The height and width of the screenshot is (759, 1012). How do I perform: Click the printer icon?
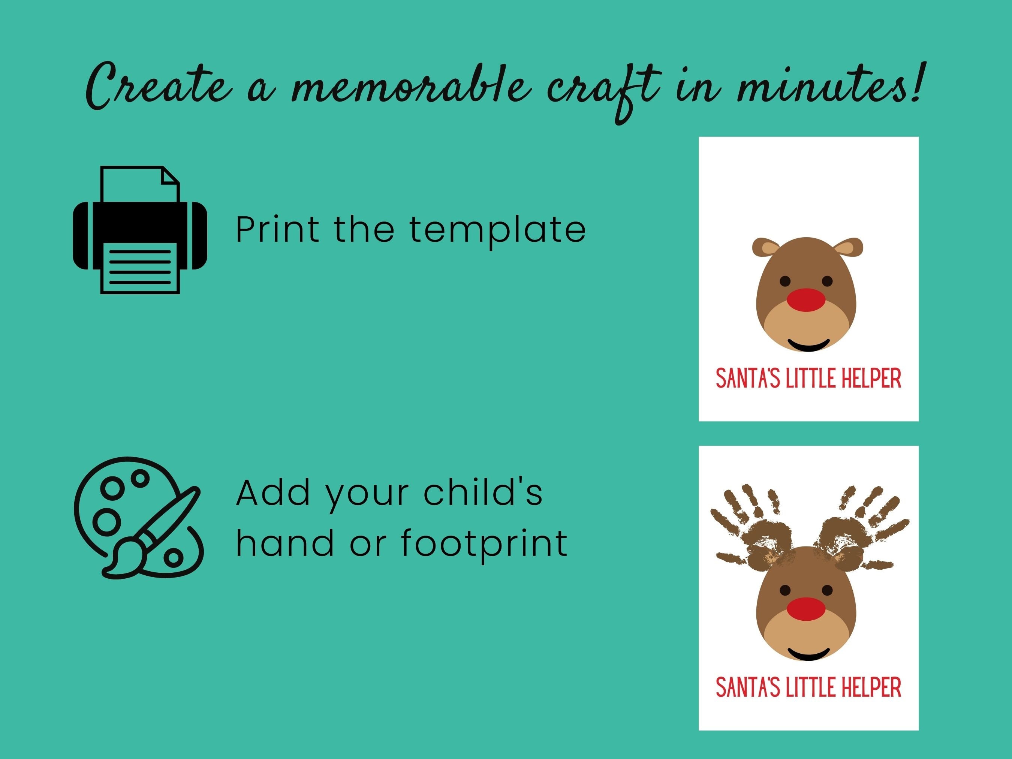tap(140, 230)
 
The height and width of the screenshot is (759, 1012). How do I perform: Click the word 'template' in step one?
tap(497, 230)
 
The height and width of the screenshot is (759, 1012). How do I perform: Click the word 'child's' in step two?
tap(483, 493)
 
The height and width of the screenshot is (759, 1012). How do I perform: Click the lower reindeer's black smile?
tap(808, 653)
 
